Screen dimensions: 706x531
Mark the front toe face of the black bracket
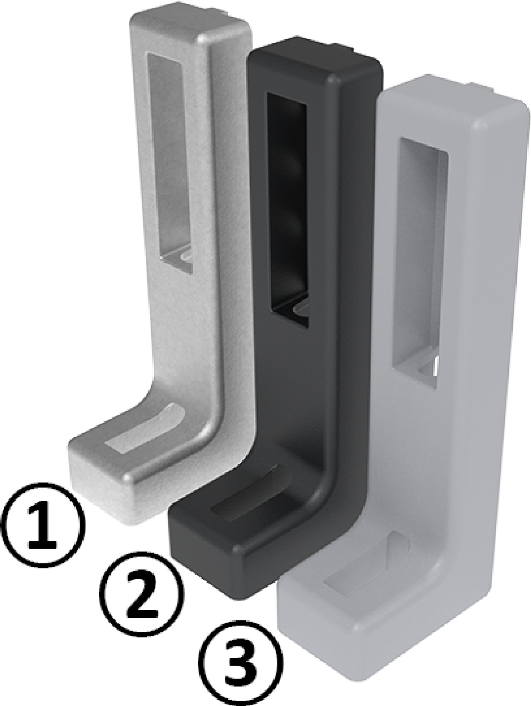pos(202,564)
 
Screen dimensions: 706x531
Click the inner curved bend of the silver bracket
pos(159,385)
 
